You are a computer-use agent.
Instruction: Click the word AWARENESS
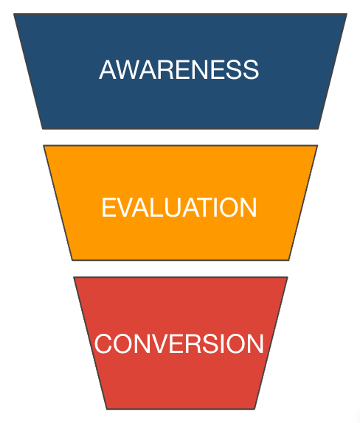click(179, 70)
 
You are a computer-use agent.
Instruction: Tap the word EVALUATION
click(179, 207)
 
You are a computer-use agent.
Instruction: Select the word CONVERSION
click(179, 344)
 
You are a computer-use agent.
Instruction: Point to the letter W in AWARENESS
click(126, 70)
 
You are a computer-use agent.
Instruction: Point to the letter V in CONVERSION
click(163, 344)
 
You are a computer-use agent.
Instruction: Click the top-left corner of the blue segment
click(14, 15)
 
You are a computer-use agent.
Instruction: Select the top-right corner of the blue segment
click(346, 15)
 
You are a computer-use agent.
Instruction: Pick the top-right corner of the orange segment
click(317, 146)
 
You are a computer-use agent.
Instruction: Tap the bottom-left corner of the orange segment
click(72, 259)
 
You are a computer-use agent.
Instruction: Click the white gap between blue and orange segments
click(180, 137)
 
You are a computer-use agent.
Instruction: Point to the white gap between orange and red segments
click(180, 268)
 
